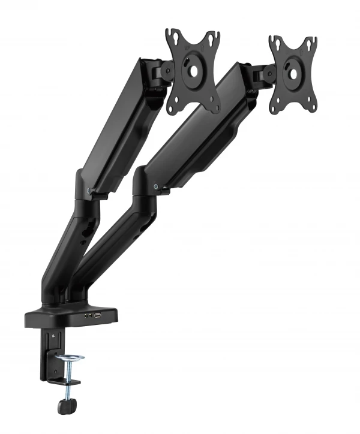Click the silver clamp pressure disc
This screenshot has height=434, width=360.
click(x=70, y=360)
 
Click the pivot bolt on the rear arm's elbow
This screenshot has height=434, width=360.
click(x=89, y=192)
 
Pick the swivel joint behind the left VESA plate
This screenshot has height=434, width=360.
click(x=159, y=73)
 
